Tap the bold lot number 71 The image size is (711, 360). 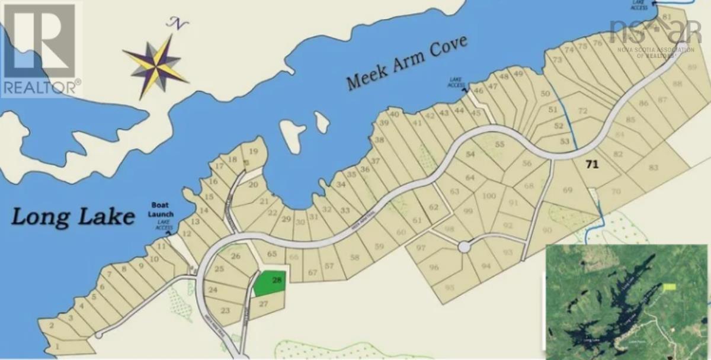(x=591, y=164)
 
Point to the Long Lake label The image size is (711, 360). (x=72, y=217)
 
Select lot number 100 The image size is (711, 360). (x=489, y=196)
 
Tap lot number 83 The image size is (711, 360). (x=654, y=168)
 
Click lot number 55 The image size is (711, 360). (x=499, y=144)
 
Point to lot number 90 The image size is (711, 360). (x=546, y=230)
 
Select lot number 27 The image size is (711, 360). (x=264, y=303)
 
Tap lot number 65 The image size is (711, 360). (x=272, y=254)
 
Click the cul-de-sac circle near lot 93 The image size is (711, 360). (x=464, y=247)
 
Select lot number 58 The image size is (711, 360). (x=354, y=257)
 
